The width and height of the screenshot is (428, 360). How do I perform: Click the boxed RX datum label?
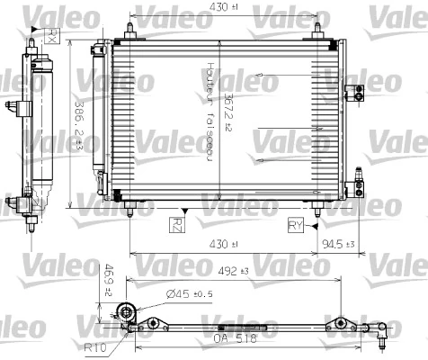pyautogui.click(x=53, y=37)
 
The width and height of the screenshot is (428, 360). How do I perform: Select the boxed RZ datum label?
pyautogui.click(x=178, y=223)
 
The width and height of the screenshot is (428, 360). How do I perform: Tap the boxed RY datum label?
pyautogui.click(x=296, y=223)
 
